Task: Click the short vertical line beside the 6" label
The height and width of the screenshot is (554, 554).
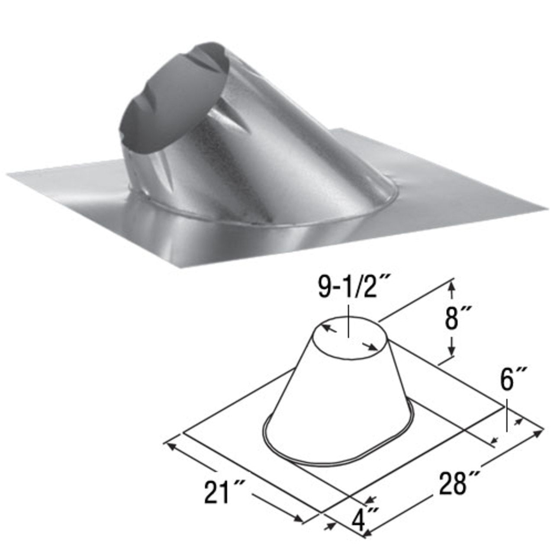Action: coord(506,415)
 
